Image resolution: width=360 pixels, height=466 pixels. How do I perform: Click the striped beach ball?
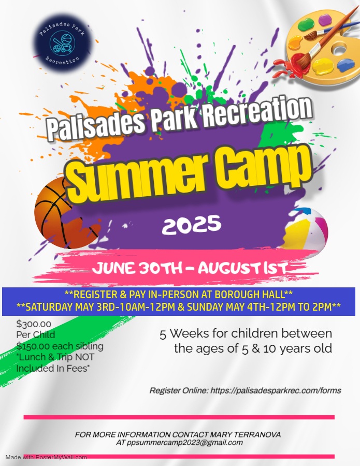306,229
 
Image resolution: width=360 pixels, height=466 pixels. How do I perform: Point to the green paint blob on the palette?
306,24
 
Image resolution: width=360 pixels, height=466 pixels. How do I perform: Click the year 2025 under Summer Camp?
192,224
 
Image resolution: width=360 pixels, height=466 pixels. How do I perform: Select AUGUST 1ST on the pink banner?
242,268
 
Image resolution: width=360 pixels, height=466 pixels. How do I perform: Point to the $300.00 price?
34,324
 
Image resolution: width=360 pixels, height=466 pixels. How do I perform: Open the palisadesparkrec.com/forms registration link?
276,390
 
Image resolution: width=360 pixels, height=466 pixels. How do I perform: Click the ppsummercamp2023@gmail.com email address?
184,443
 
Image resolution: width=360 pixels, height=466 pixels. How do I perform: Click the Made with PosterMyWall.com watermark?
46,457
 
